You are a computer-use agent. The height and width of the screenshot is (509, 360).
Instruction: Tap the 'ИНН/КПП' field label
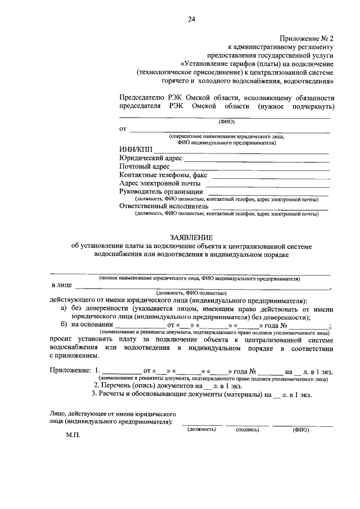pos(136,149)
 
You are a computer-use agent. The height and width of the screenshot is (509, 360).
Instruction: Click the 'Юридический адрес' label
pos(150,158)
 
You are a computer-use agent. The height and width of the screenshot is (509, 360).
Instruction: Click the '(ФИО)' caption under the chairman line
pos(225,122)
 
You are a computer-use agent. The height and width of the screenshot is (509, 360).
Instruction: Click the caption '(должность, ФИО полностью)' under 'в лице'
pos(191,293)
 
